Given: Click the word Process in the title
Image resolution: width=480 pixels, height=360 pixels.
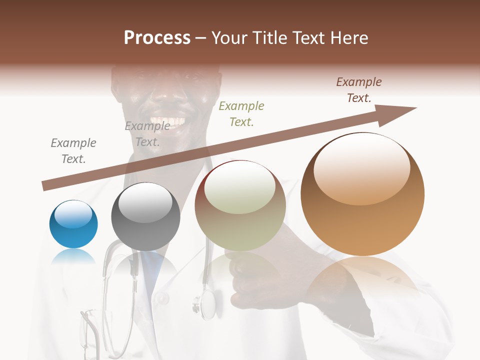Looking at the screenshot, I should click(157, 38).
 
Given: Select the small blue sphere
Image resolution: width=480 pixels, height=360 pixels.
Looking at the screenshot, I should click(73, 224).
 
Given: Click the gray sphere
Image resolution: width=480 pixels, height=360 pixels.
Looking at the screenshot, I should click(145, 216).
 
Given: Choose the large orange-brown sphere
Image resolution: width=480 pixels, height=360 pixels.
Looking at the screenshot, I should click(362, 194).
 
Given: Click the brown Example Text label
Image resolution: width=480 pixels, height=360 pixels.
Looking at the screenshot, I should click(358, 90).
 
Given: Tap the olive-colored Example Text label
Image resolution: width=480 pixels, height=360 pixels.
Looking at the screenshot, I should click(241, 113).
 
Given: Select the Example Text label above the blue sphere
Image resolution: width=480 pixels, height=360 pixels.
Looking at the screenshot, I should click(73, 151).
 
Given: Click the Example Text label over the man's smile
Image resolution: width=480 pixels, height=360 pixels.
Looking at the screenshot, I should click(147, 133).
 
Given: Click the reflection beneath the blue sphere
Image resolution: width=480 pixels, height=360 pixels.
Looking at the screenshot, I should click(73, 257).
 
